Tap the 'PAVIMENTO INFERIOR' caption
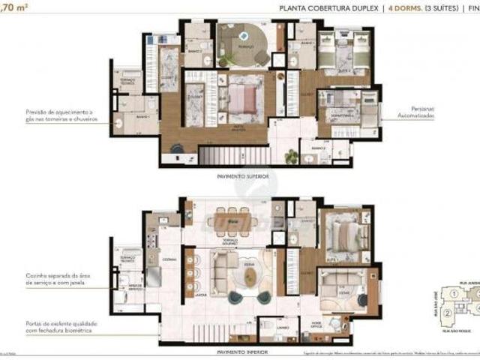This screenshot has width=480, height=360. click(241, 350)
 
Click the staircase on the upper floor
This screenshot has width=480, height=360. click(223, 156)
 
